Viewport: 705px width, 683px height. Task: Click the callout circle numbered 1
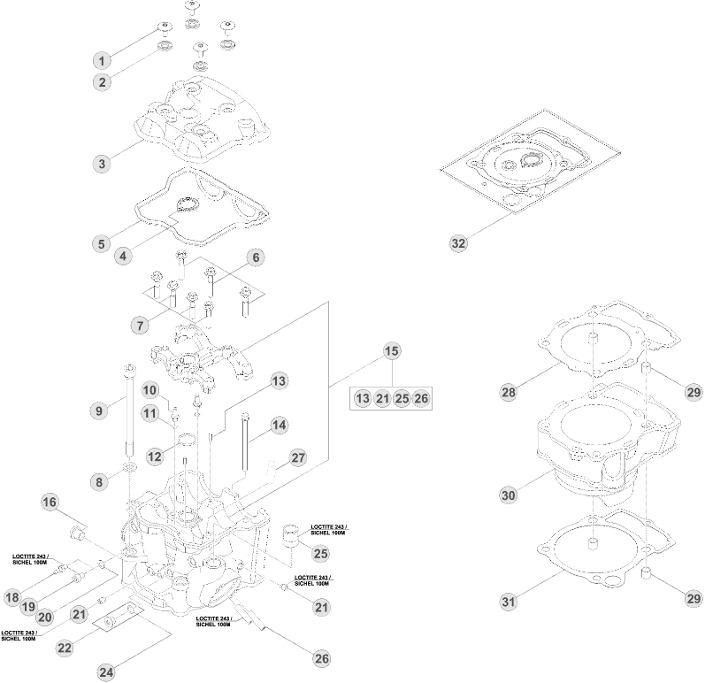(x=103, y=60)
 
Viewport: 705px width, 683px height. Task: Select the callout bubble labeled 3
(x=103, y=164)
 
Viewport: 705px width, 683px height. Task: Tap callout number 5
(x=103, y=242)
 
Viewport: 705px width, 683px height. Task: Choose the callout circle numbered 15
(x=391, y=351)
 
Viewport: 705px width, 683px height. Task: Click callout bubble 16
(x=50, y=503)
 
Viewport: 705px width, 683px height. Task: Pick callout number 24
(x=106, y=672)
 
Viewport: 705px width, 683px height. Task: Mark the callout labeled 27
(x=298, y=458)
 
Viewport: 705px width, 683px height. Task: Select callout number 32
(x=458, y=243)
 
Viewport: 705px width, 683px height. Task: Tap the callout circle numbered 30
(x=508, y=495)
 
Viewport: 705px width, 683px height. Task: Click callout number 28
(x=508, y=391)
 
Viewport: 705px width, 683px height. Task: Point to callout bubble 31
(x=508, y=602)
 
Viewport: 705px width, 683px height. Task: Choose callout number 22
(x=64, y=648)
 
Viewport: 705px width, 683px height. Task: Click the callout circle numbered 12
(x=155, y=457)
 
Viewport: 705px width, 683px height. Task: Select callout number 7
(x=139, y=325)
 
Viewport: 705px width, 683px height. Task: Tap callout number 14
(x=279, y=425)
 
